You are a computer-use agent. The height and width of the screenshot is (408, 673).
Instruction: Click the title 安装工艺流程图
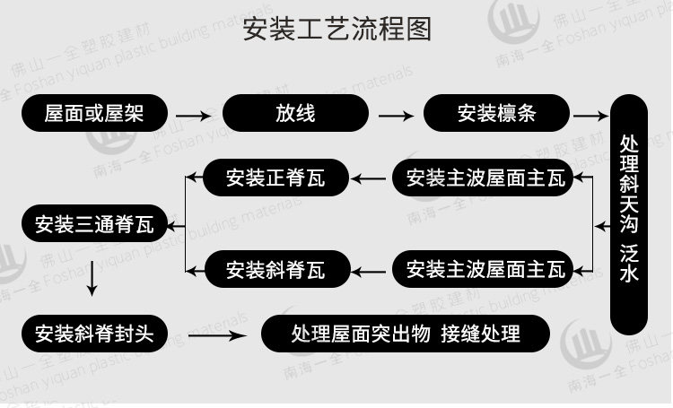pos(336,28)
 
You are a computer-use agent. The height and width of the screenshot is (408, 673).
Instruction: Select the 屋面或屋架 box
pos(93,114)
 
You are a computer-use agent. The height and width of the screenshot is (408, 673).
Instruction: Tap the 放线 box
pos(295,114)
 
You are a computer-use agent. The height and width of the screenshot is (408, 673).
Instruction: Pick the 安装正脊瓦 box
pos(275,178)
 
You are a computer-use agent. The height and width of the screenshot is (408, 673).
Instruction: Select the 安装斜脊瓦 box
pos(275,267)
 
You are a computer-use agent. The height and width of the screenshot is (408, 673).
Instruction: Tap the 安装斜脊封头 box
pos(93,334)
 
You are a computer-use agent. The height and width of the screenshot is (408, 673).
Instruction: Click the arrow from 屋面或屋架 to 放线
pos(193,116)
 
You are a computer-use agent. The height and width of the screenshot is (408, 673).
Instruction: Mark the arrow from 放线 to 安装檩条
pos(396,116)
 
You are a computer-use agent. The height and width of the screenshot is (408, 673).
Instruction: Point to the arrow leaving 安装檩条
pos(590,116)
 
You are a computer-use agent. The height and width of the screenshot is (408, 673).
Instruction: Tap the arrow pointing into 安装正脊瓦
pos(366,178)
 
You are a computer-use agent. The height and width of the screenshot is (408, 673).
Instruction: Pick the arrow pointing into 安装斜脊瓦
pos(366,268)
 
